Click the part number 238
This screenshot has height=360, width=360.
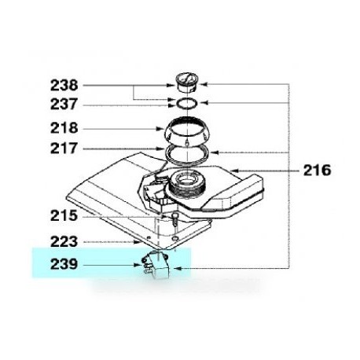pyautogui.click(x=64, y=86)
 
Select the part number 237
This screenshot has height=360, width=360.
pyautogui.click(x=64, y=104)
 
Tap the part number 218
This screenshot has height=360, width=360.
pyautogui.click(x=64, y=128)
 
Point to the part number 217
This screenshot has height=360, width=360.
pyautogui.click(x=64, y=148)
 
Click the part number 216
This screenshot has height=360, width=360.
pyautogui.click(x=317, y=171)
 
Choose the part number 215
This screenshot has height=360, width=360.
pyautogui.click(x=64, y=216)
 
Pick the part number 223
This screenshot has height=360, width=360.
pyautogui.click(x=64, y=241)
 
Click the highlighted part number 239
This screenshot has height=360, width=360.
pyautogui.click(x=64, y=264)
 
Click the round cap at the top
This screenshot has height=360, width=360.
pyautogui.click(x=187, y=83)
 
